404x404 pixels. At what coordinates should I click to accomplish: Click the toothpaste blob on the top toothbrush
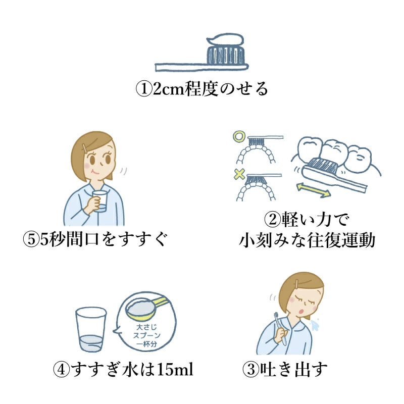(225, 39)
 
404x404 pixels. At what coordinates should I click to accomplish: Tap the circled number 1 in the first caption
(143, 89)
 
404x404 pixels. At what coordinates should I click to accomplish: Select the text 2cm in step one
(168, 89)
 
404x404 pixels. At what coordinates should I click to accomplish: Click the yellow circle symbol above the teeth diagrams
(238, 136)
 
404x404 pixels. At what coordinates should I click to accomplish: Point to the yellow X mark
(239, 174)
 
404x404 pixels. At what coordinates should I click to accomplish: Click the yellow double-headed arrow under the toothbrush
(313, 190)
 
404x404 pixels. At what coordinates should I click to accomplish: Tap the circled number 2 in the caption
(272, 220)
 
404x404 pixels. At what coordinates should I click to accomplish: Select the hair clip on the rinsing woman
(85, 148)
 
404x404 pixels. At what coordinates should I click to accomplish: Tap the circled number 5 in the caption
(31, 239)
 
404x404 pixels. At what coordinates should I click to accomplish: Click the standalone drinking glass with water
(91, 329)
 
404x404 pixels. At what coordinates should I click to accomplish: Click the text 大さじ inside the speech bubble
(146, 327)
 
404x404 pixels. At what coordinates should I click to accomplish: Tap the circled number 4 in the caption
(61, 369)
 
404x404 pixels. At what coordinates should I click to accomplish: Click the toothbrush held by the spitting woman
(280, 329)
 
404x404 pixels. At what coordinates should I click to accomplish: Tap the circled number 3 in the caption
(250, 369)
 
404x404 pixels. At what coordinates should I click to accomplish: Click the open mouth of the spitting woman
(300, 311)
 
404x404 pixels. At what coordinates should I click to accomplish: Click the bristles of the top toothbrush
(225, 55)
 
